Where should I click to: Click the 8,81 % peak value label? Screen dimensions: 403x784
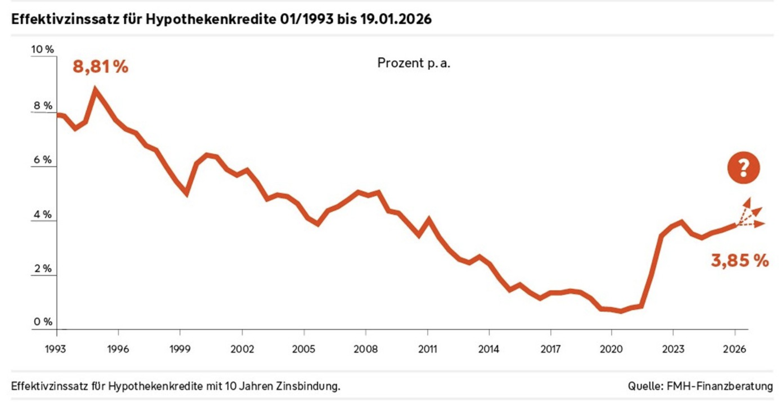click(x=101, y=66)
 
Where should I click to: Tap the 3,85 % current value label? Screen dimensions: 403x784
click(x=740, y=261)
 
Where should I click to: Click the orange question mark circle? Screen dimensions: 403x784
click(x=743, y=168)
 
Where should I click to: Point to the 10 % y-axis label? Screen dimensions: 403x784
click(x=42, y=49)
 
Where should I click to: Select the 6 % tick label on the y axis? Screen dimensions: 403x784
click(x=43, y=160)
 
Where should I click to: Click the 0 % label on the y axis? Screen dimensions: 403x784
click(x=43, y=322)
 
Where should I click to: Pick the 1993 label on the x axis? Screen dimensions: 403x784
click(x=55, y=349)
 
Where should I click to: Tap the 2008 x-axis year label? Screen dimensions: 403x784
click(x=366, y=349)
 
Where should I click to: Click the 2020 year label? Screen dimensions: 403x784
click(x=611, y=349)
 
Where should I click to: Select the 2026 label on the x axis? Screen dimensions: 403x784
click(x=735, y=349)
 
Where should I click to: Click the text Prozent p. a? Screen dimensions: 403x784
click(x=414, y=63)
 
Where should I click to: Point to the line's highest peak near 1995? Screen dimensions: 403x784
click(x=95, y=90)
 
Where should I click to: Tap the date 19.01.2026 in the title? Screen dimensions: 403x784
click(x=396, y=19)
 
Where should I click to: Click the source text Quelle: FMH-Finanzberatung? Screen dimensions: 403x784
click(x=700, y=386)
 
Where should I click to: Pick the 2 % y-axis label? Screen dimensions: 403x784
click(x=43, y=269)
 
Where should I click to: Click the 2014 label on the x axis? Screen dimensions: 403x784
click(x=489, y=349)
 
